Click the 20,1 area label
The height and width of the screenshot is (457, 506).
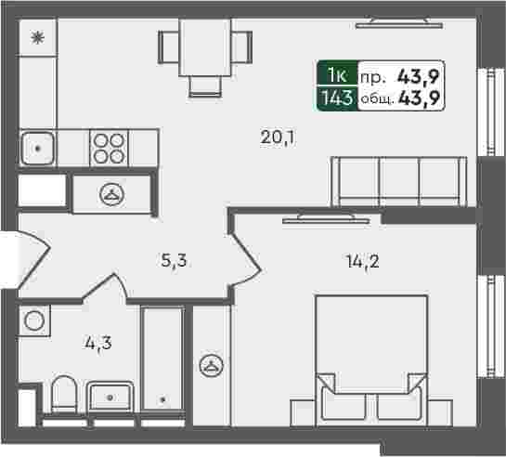[279, 138]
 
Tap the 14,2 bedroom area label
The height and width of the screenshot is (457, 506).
[363, 261]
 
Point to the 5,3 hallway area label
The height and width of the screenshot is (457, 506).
[174, 260]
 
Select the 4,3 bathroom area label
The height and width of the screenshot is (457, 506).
[98, 343]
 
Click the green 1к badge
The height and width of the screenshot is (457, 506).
[338, 75]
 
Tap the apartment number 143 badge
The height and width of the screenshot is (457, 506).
[338, 98]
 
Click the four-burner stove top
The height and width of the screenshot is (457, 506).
[109, 148]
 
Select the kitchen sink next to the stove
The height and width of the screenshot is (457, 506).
[37, 148]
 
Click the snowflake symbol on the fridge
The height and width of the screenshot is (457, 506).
[37, 38]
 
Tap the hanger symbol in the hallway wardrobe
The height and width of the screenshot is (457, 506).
[112, 194]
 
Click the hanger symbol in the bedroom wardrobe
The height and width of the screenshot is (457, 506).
[212, 366]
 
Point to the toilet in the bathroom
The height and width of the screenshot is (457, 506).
[65, 395]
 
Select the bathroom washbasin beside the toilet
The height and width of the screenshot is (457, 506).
[110, 397]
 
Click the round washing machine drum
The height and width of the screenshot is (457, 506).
[34, 320]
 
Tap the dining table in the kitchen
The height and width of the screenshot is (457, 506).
[205, 47]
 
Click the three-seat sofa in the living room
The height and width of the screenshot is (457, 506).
[399, 181]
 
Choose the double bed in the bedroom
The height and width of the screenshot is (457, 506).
[371, 360]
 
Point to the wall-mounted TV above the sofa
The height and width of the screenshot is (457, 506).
[399, 23]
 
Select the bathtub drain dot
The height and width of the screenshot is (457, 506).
[163, 399]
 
